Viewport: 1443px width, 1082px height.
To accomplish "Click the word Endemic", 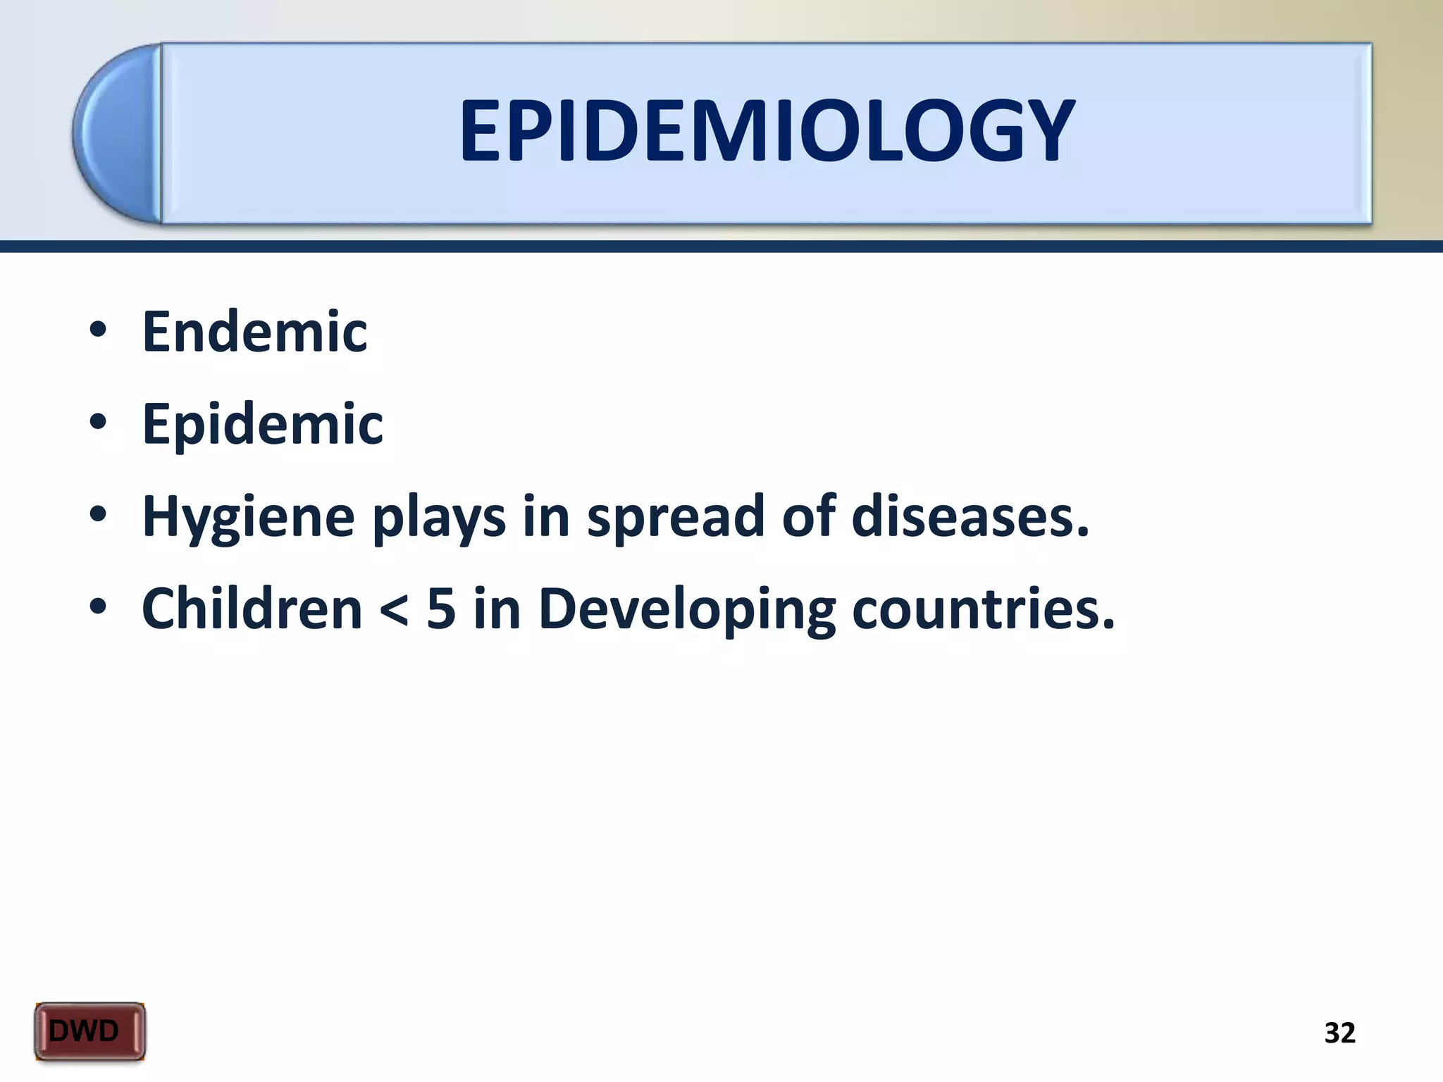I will point(254,332).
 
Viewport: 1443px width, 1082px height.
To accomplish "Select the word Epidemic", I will point(262,424).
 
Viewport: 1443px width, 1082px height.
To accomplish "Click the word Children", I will point(252,609).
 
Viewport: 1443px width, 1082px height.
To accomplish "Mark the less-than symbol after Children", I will point(394,610).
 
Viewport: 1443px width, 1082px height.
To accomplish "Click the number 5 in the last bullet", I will point(441,609).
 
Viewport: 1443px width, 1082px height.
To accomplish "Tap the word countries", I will point(984,609).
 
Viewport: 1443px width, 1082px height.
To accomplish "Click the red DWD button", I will point(89,1031).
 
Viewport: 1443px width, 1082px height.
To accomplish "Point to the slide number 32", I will point(1339,1033).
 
